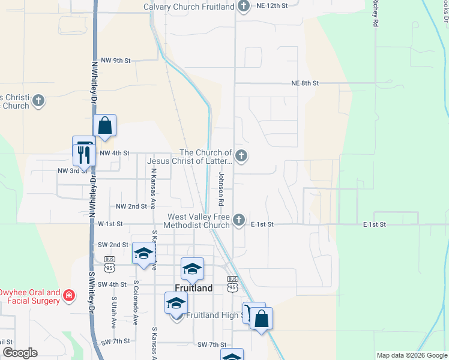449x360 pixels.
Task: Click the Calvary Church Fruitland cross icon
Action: pos(243,7)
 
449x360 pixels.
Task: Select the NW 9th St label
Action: pos(116,61)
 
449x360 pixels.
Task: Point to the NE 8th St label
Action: pos(305,83)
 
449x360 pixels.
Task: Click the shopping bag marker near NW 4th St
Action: pos(104,126)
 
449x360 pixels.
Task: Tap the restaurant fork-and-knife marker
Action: pos(82,154)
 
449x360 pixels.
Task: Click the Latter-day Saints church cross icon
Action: pos(241,157)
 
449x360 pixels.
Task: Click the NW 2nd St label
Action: pos(131,206)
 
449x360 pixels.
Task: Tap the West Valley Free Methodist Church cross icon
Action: pos(239,220)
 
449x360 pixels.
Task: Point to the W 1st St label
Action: pos(110,224)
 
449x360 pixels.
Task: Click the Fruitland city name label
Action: pos(194,288)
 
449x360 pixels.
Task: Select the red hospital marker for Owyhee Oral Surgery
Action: pos(70,295)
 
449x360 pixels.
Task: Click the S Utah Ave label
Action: pos(113,312)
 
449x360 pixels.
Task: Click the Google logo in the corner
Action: pos(19,353)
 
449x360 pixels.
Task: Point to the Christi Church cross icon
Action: pos(39,101)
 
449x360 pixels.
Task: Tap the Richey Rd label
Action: pos(375,13)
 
